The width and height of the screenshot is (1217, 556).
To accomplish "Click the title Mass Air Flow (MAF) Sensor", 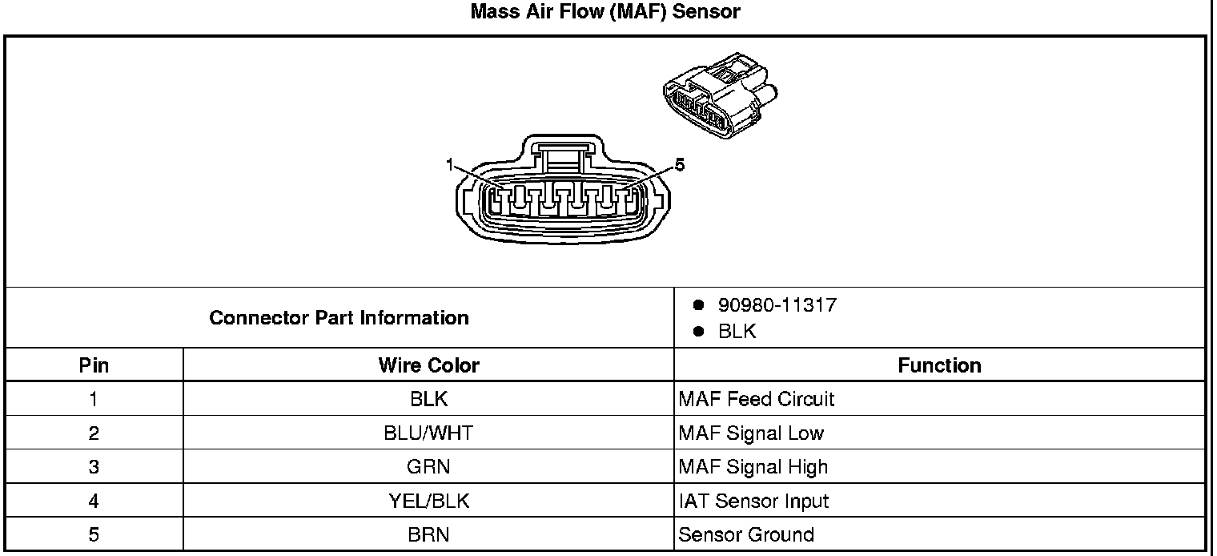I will [604, 12].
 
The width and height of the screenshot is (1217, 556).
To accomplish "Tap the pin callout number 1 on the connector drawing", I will [451, 164].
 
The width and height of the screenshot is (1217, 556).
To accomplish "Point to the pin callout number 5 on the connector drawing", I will [680, 164].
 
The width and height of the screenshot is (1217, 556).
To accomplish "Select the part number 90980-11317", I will [777, 305].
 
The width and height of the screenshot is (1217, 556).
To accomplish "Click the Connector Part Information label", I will [339, 318].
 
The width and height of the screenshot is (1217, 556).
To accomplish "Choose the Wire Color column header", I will [428, 366].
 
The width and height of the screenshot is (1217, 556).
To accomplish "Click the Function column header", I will [939, 366].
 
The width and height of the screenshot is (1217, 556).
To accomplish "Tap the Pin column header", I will [94, 366].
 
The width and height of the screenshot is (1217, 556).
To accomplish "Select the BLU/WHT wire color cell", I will [428, 433].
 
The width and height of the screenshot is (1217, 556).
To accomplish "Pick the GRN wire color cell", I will [428, 467].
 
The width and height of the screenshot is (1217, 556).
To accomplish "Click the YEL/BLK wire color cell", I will [428, 502].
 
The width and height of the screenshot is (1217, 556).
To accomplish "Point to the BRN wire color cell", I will [428, 535].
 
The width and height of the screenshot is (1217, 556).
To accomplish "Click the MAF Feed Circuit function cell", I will [756, 399].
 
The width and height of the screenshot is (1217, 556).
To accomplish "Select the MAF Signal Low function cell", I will [750, 433].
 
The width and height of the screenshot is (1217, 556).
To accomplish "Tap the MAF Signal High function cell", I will [753, 467].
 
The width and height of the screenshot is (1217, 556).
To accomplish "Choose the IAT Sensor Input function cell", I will [753, 502].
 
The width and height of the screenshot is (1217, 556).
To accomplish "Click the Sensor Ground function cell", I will [746, 535].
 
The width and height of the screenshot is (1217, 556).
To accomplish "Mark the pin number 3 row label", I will [94, 467].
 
